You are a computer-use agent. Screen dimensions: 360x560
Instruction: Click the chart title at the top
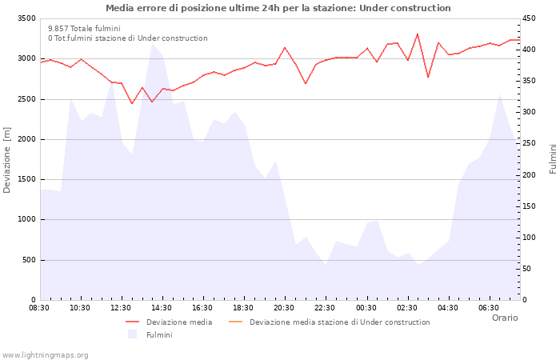point(278,8)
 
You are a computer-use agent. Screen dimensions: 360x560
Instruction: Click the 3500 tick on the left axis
point(26,18)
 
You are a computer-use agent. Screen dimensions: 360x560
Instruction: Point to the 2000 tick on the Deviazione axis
point(26,139)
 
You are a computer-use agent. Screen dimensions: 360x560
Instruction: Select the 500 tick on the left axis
point(28,260)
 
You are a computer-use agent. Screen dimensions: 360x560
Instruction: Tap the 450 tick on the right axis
point(531,18)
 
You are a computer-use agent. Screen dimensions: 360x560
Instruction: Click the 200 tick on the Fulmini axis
point(531,174)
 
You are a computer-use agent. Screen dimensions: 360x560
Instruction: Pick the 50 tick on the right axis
point(529,269)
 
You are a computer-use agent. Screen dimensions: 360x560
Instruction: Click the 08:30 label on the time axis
point(40,308)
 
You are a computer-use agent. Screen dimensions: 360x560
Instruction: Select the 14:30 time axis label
point(162,308)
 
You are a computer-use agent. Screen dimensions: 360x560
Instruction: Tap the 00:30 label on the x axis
point(366,308)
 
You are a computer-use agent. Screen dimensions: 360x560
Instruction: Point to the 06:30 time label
point(489,308)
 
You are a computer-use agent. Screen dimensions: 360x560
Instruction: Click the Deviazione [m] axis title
point(7,159)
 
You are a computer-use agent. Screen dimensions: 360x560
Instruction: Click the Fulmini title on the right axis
point(553,159)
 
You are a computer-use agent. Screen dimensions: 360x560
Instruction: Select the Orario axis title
point(504,318)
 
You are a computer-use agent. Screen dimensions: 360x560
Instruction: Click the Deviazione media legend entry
point(178,322)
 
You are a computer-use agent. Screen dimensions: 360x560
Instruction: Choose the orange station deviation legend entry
point(339,322)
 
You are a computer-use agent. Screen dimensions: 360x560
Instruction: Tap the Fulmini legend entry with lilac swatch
point(158,335)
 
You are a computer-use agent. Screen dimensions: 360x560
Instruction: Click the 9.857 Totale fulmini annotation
point(84,28)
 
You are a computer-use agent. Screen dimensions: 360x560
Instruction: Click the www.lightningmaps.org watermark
point(45,354)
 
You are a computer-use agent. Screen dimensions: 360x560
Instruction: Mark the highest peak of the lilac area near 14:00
point(152,42)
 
